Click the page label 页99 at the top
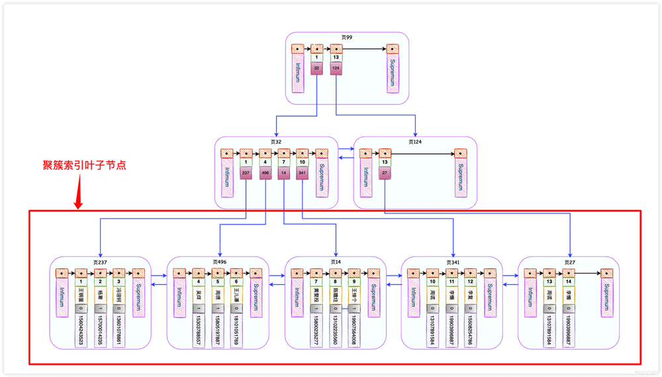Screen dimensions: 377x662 click(x=347, y=38)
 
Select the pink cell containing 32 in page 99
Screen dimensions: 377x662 click(x=317, y=68)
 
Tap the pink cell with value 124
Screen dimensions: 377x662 click(x=336, y=68)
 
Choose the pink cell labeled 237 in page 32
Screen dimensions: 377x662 click(x=246, y=174)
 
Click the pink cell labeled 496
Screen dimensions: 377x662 click(x=265, y=174)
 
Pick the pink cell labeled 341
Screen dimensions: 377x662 click(x=303, y=174)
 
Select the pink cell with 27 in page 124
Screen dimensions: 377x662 click(x=385, y=174)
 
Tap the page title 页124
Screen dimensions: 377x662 click(x=415, y=142)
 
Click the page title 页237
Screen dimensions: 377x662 click(x=100, y=262)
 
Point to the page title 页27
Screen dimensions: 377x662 click(x=568, y=262)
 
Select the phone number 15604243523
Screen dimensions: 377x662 click(x=81, y=327)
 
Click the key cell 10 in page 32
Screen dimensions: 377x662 click(x=303, y=162)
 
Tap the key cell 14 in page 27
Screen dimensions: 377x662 click(x=568, y=282)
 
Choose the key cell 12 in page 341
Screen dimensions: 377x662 click(x=470, y=282)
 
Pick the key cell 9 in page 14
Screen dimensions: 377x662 click(x=354, y=282)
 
